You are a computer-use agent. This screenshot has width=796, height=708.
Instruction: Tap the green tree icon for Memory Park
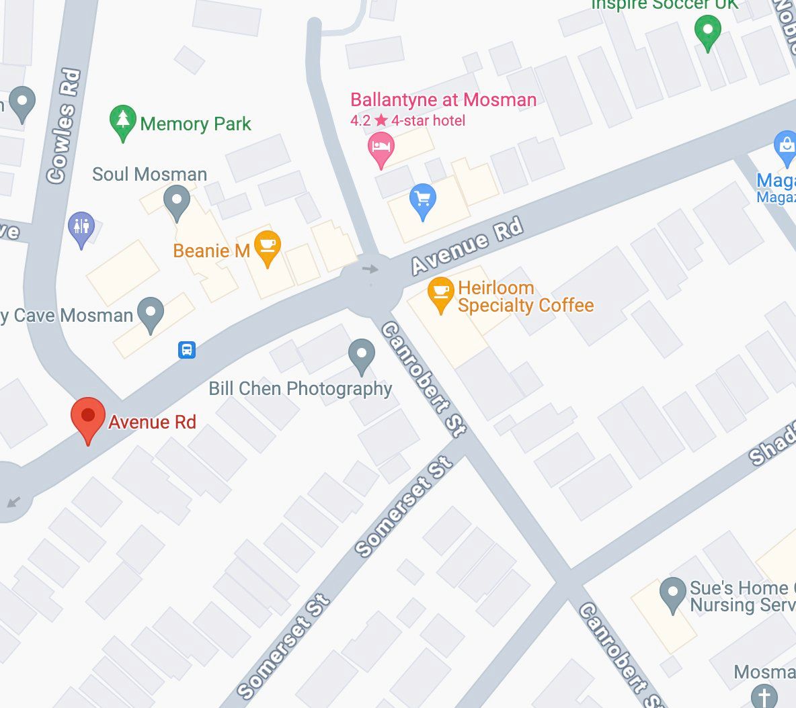point(122,122)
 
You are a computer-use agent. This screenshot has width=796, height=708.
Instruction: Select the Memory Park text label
point(196,124)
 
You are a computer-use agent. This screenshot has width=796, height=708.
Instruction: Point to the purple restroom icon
point(81,228)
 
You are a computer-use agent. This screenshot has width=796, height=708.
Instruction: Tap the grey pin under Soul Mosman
point(177,202)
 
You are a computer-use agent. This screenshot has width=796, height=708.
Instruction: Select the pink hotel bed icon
point(381,148)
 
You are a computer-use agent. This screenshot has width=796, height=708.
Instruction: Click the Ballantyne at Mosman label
point(443,100)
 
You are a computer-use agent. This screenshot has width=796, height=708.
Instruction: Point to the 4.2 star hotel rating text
point(407,121)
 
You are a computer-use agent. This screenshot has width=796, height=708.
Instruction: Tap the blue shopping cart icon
point(423,200)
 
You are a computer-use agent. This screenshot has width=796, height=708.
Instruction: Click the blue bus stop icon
point(187,350)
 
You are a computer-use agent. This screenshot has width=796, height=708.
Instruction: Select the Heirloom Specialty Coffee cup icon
point(441,293)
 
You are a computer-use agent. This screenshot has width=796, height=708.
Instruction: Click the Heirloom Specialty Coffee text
point(525,297)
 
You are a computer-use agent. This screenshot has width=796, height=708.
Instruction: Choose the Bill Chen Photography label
point(300,388)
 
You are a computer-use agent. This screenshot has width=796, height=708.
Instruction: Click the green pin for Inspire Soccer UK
point(707,32)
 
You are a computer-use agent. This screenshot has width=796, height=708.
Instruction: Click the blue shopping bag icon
point(785,146)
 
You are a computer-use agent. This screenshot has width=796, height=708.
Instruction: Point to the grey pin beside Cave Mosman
point(150,313)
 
